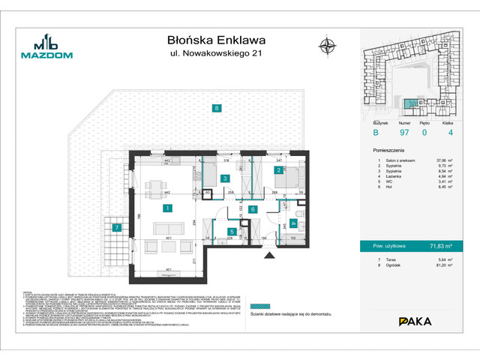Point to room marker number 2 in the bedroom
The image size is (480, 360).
(277, 171)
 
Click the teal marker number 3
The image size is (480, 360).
(224, 179)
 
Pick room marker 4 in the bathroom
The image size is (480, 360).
(293, 223)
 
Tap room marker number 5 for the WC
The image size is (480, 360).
(233, 232)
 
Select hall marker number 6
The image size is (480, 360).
(253, 210)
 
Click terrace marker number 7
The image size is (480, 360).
(117, 227)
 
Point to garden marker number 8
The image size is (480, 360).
(216, 108)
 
